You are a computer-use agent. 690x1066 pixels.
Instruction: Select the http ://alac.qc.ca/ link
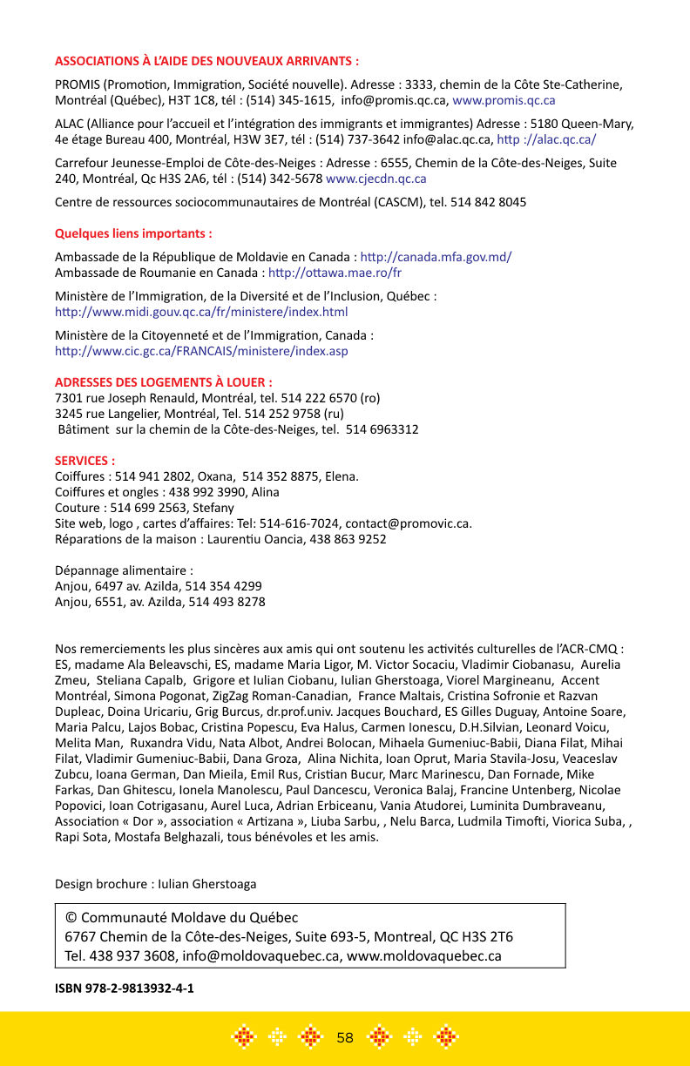[546, 139]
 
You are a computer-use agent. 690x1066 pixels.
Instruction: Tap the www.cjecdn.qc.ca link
[375, 179]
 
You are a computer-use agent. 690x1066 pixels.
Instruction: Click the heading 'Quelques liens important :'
[133, 234]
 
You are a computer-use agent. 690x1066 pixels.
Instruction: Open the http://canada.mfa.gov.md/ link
[436, 257]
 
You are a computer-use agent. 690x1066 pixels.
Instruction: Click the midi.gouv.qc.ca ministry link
[201, 312]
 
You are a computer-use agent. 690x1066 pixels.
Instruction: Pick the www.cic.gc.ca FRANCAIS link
[201, 351]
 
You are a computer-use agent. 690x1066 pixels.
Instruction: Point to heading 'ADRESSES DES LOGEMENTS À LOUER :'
[164, 382]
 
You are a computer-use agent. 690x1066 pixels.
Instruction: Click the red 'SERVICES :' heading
[85, 461]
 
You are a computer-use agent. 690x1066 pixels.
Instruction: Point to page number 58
[345, 1037]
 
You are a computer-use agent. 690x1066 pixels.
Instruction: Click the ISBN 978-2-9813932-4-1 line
[125, 989]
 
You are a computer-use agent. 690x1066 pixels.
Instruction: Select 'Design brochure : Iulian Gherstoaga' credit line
[156, 884]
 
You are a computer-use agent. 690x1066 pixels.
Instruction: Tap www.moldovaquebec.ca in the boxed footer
[424, 955]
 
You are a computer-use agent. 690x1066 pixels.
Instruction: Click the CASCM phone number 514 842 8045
[476, 202]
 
